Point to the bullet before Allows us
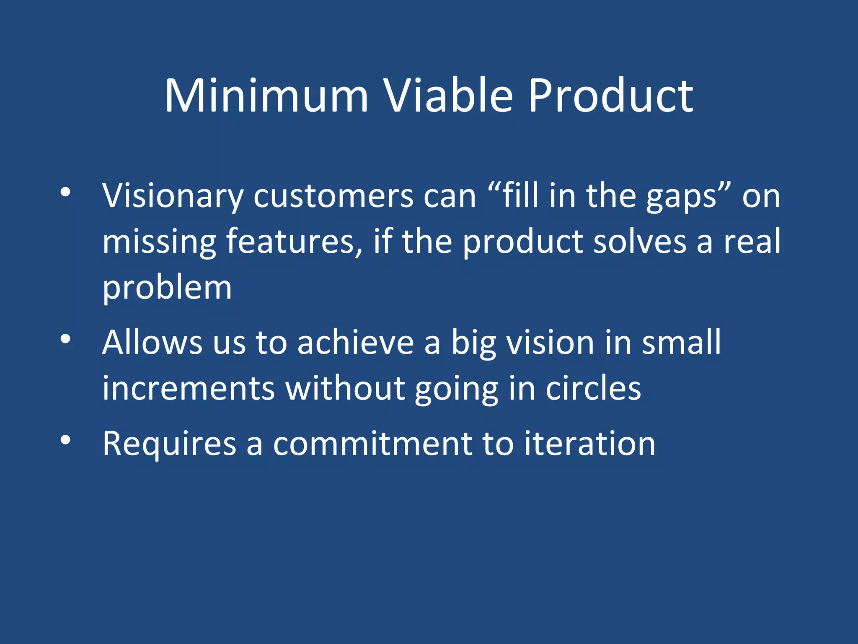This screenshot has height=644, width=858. coord(65,339)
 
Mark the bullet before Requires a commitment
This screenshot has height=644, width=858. coord(65,440)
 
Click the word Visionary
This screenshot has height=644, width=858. coord(173,196)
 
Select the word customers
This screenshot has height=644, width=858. coord(333,196)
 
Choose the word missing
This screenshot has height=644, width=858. coord(159,242)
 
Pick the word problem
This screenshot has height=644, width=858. coord(167,288)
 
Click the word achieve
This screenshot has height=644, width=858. coord(356,343)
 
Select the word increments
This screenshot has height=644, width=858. coord(189,388)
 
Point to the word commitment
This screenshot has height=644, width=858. coord(372,444)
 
